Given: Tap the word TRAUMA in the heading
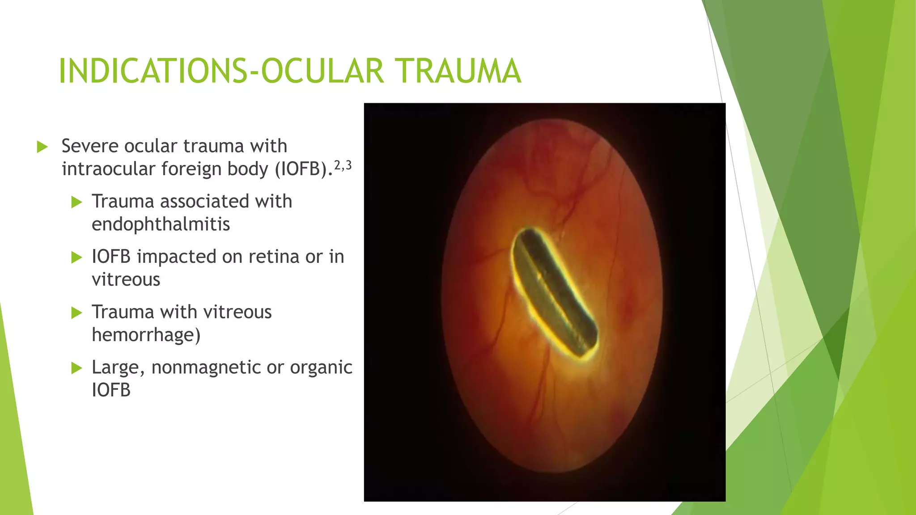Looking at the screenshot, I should coord(458,72).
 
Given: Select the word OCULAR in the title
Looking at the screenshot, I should coord(322,72).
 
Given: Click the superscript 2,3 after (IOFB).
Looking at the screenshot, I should coord(343,166).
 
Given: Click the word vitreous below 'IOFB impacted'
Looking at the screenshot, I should coord(126,280).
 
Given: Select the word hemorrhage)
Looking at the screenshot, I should coord(146,335).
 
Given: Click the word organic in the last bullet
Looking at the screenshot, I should coord(321,367).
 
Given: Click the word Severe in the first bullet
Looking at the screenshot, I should coord(90,146).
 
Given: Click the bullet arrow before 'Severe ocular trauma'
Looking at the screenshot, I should coord(42,147).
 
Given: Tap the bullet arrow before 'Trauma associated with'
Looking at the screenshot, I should coord(76,202).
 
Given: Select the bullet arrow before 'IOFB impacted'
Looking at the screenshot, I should coord(76,257).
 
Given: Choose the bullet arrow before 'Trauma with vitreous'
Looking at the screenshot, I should coord(76,312).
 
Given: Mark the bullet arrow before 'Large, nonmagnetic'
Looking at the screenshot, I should coord(76,368).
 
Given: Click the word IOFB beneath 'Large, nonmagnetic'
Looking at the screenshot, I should coord(111,390).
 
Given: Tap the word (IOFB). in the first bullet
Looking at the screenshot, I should coord(304,169).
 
